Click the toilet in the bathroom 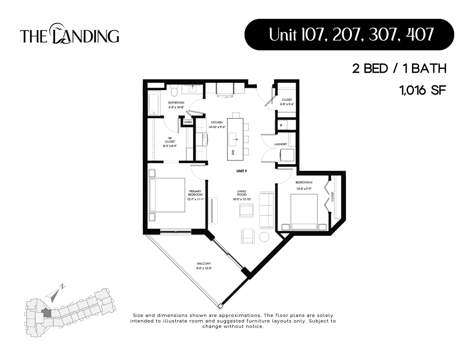(x=174, y=89)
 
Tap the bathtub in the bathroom (x=153, y=103)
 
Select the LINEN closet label (x=188, y=122)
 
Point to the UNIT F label (x=242, y=171)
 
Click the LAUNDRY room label (x=281, y=145)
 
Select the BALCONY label (x=204, y=264)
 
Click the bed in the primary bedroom (x=167, y=195)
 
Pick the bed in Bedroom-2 (x=304, y=211)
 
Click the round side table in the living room (x=264, y=237)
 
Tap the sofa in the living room (x=266, y=210)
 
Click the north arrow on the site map (x=55, y=293)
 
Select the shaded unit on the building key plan (x=46, y=312)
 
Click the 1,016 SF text (x=423, y=90)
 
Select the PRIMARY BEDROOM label (x=195, y=193)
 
